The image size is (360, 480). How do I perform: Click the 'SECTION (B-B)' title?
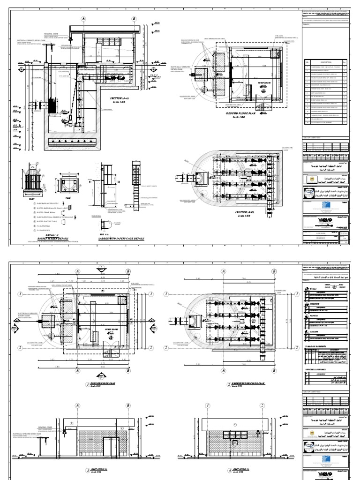tap(244, 212)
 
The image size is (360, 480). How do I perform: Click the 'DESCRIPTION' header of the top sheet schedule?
tap(323, 61)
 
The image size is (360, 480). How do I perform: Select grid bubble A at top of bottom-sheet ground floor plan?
tap(77, 271)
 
